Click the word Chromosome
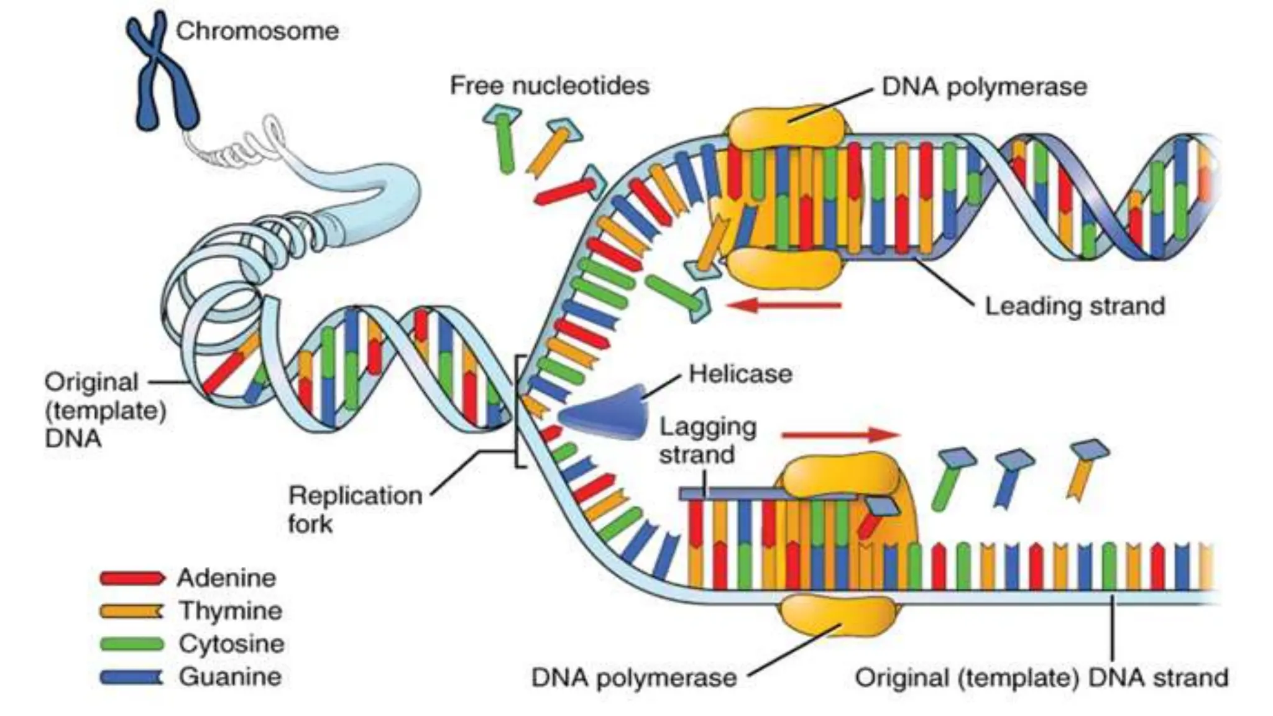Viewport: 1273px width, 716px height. (257, 31)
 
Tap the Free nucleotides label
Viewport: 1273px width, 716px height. (549, 85)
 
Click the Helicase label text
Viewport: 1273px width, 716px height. (740, 374)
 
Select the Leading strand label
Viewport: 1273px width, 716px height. (1075, 306)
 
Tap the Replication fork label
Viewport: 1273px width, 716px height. (354, 509)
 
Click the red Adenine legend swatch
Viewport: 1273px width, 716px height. (132, 579)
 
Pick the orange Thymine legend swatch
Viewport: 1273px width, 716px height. (132, 612)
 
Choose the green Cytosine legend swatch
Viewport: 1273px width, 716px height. (132, 644)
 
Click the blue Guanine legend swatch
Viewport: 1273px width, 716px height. (132, 677)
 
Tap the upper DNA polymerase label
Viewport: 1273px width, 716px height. (985, 87)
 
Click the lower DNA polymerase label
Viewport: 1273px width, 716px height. (634, 677)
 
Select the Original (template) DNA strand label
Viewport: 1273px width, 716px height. (1042, 677)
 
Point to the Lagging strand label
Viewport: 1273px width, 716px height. (707, 441)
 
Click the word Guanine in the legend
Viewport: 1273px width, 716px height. (230, 677)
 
